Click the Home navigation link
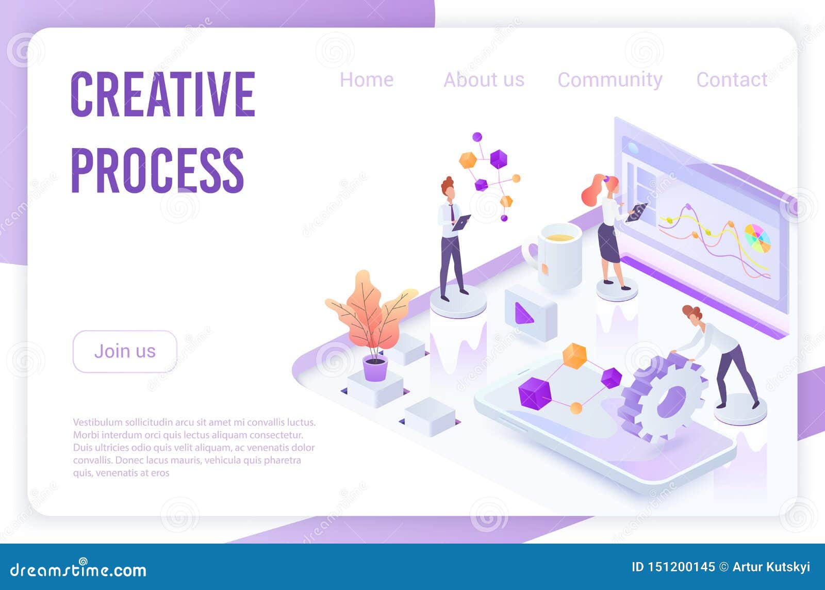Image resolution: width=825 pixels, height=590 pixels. click(x=367, y=79)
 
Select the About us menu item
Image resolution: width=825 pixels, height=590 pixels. click(x=484, y=79)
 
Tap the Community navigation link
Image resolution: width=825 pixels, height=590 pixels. click(x=610, y=80)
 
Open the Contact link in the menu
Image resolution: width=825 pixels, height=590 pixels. click(x=732, y=79)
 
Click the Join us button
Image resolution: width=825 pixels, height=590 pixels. click(x=125, y=351)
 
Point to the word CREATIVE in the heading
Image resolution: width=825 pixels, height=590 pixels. click(x=163, y=94)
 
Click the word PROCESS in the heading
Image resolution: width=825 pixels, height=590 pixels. click(x=157, y=170)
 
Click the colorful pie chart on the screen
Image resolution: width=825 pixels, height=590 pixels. click(x=757, y=238)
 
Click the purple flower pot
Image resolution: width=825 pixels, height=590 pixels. click(x=375, y=368)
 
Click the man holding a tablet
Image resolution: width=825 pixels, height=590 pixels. click(x=452, y=239)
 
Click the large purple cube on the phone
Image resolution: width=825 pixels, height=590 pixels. click(x=535, y=394)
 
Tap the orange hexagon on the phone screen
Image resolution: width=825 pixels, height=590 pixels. click(x=574, y=356)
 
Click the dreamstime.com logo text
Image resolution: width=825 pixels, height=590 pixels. click(x=78, y=569)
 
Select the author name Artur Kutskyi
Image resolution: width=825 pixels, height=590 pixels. click(x=771, y=567)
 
